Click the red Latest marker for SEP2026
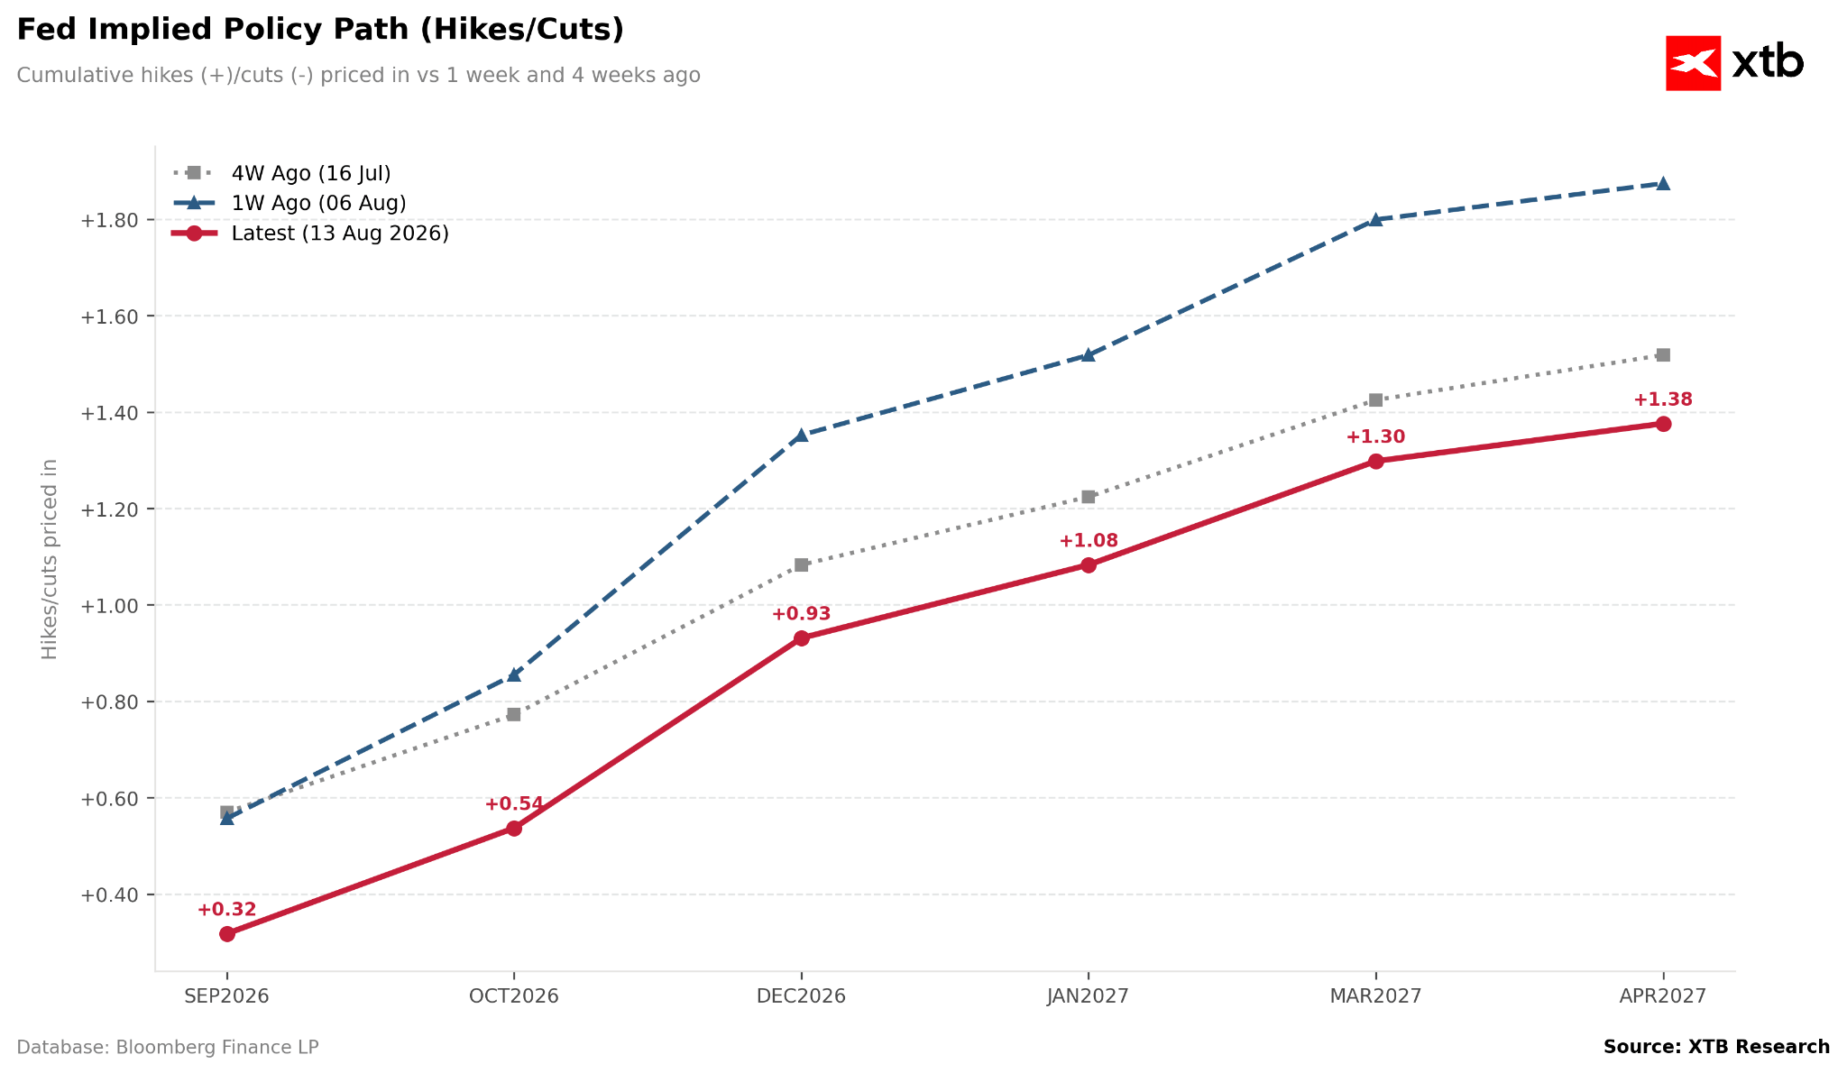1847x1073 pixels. coord(227,934)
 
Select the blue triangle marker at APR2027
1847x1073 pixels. coord(1663,183)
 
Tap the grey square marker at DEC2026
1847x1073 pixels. coord(802,565)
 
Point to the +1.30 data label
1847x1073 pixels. coord(1375,437)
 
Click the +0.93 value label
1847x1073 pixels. coord(801,614)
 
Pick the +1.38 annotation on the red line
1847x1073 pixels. coord(1663,399)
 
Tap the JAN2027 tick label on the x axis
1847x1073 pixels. coord(1088,996)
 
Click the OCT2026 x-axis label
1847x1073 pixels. coord(514,996)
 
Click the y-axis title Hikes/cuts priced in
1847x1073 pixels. coord(50,559)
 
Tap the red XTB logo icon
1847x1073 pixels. coord(1693,63)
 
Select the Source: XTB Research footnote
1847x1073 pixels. coord(1716,1047)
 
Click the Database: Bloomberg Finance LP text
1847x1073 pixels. coord(168,1047)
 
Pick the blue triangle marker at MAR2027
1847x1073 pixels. coord(1375,219)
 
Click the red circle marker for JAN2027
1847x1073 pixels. coord(1089,565)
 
